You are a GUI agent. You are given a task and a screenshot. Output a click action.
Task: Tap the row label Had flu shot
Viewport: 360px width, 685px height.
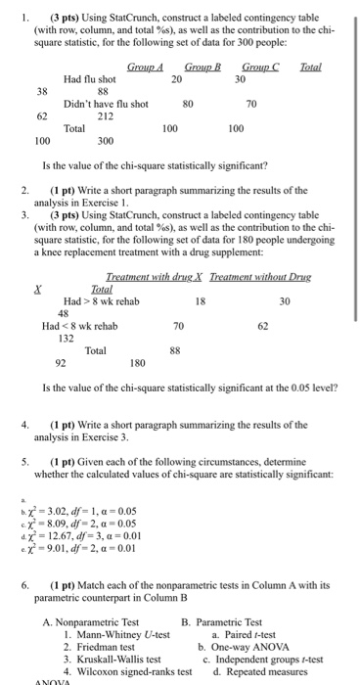89,78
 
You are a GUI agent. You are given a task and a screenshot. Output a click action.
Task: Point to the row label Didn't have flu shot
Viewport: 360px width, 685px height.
106,103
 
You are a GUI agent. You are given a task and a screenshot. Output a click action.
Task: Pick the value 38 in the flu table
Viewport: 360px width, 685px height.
41,91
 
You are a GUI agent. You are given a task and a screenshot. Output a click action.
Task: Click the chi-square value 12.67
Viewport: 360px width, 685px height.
65,535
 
